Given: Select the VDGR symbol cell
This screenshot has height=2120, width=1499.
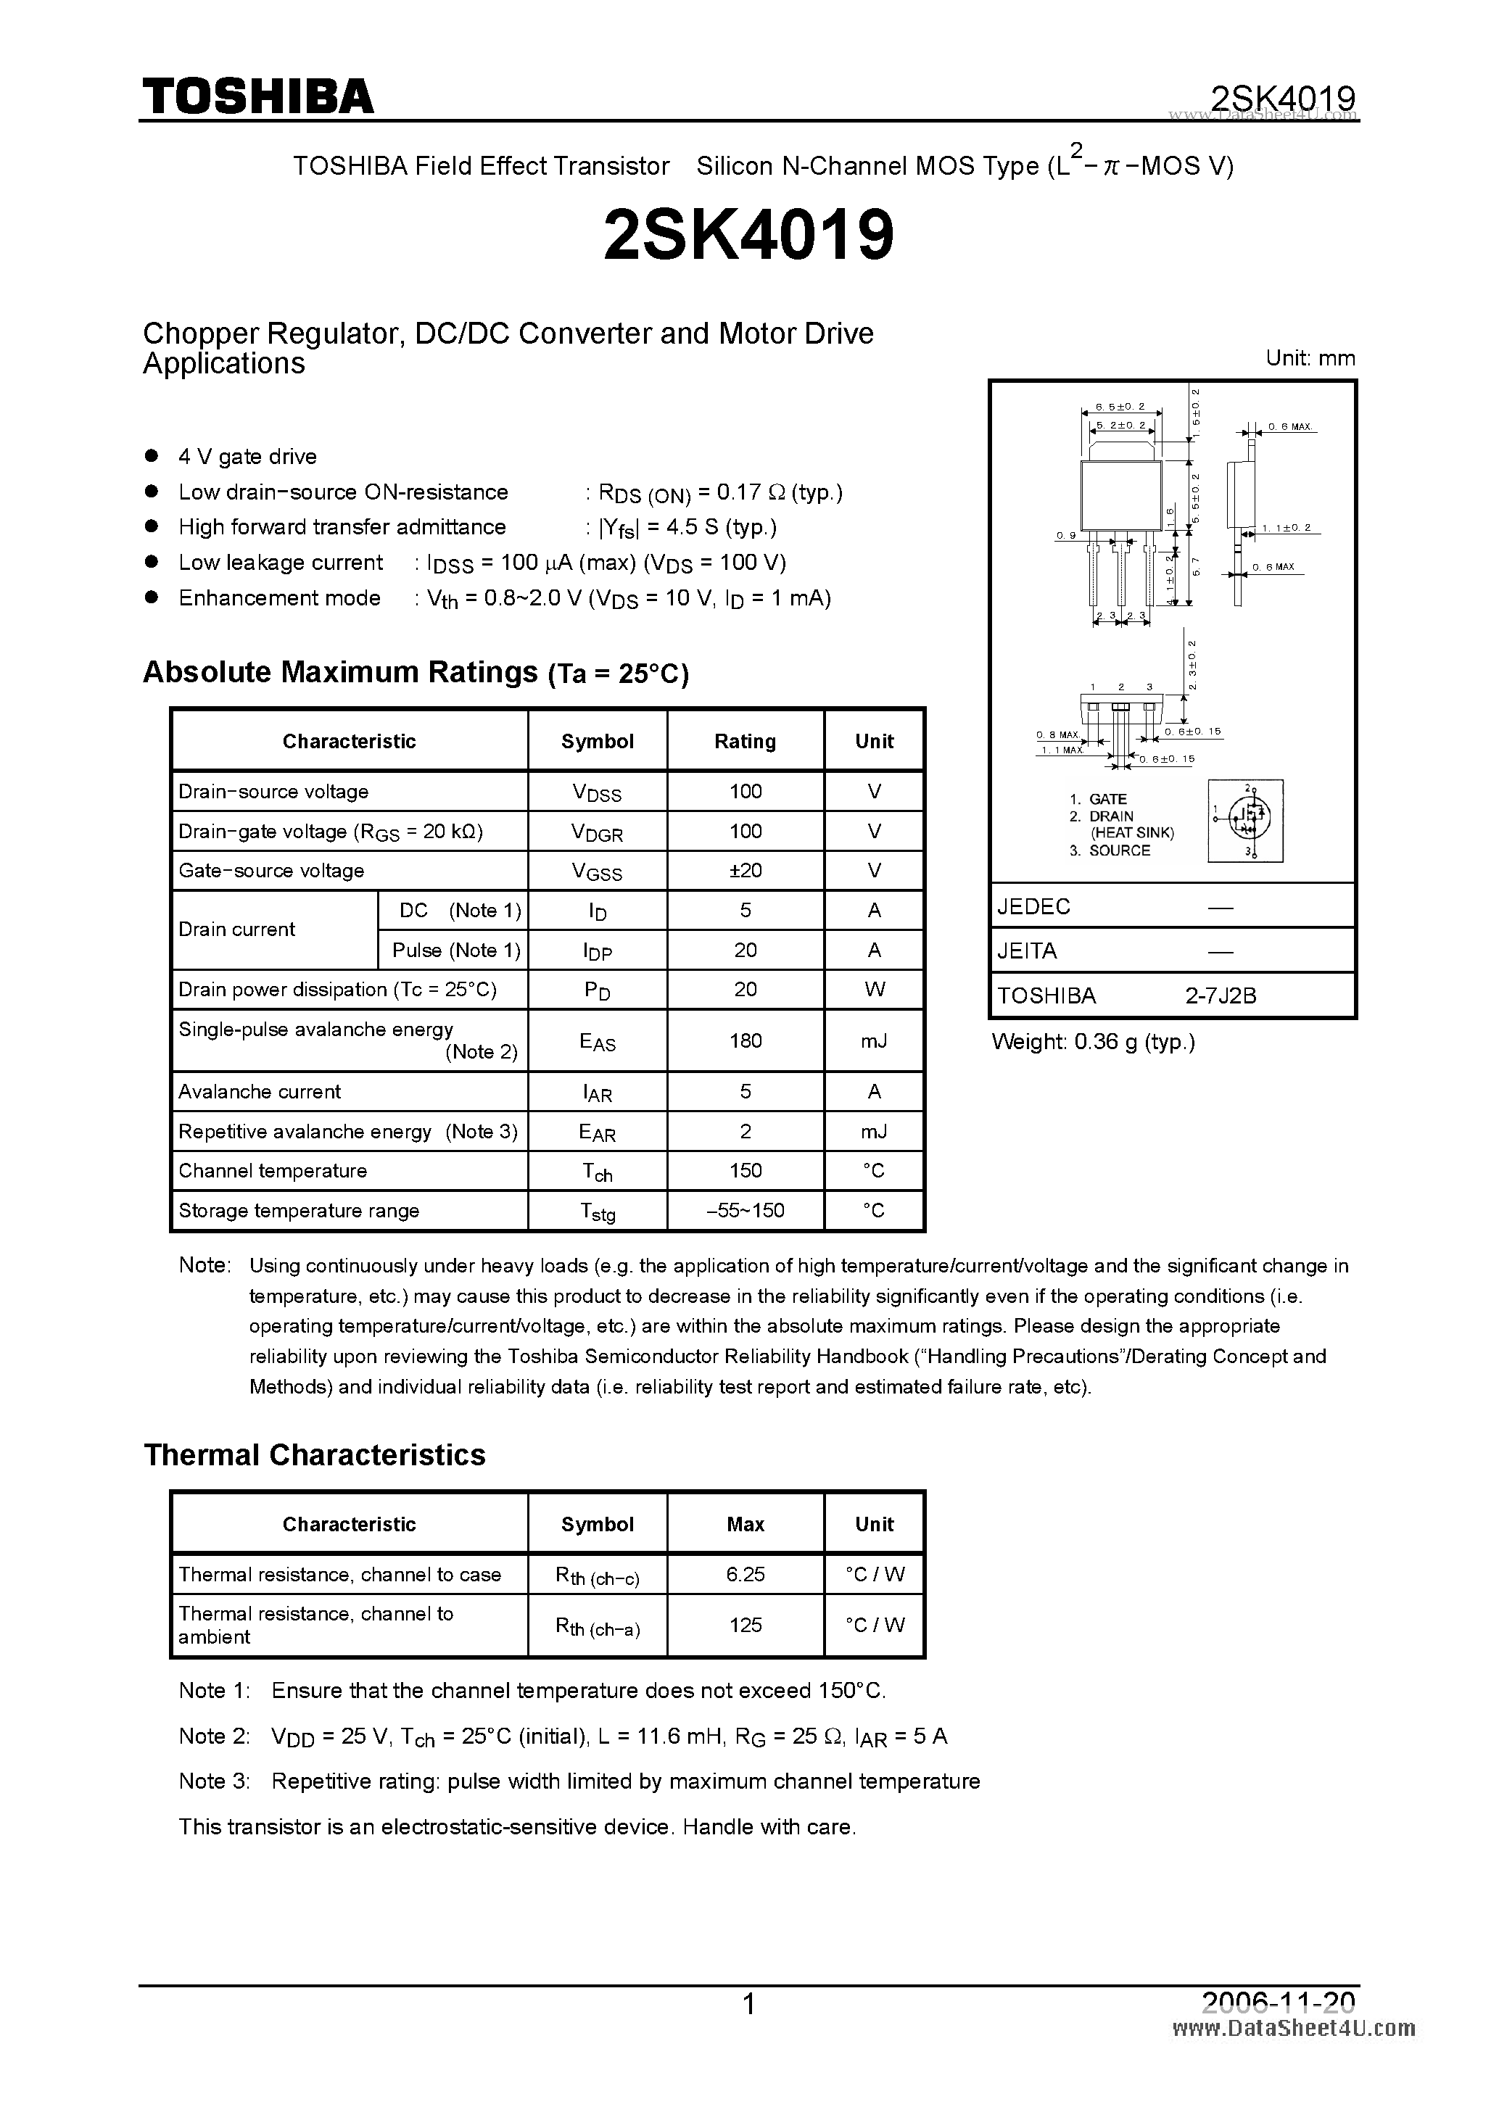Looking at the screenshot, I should point(597,832).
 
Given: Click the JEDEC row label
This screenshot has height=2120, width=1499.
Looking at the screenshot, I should point(1033,907).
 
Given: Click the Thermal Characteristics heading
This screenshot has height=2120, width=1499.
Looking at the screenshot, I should point(314,1455).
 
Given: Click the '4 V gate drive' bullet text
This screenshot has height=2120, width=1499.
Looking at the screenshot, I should point(247,457).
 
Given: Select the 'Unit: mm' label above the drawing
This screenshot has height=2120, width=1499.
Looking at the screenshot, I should point(1310,358).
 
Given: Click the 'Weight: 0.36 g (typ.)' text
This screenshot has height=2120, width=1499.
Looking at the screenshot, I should point(1093,1043).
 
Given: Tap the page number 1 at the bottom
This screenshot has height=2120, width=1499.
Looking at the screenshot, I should point(749,2005).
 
